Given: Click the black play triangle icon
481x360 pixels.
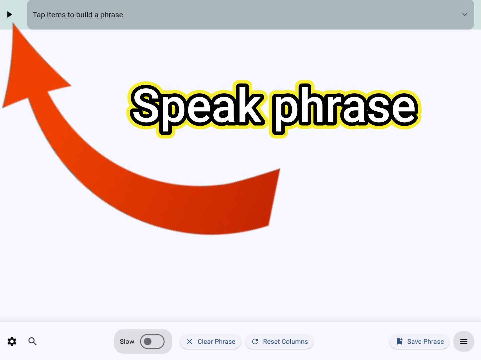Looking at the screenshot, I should tap(10, 14).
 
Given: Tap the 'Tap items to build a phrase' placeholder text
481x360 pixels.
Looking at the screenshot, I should tap(78, 15).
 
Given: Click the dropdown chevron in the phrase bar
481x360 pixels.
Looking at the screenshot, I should tap(464, 14).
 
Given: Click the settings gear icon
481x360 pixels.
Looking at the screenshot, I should tap(12, 341).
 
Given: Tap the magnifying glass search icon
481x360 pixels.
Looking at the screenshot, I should tap(32, 341).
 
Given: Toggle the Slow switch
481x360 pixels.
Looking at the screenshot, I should tap(152, 341).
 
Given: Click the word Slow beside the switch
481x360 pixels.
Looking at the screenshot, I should tap(127, 342).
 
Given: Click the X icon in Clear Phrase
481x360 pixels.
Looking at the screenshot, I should tap(189, 341).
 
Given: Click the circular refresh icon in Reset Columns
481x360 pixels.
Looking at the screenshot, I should tap(255, 341).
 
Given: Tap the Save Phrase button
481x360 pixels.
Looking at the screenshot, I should tap(419, 342).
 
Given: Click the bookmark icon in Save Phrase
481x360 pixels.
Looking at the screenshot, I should tap(399, 341).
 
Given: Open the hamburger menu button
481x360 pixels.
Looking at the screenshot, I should tap(463, 341).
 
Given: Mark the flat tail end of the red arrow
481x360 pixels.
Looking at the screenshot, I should tap(274, 197).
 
